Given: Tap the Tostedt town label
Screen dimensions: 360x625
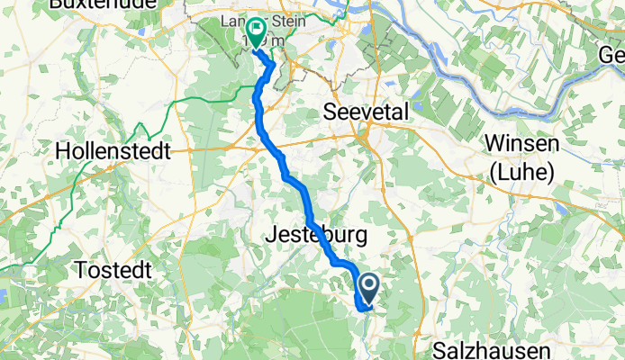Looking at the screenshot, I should coord(120,270).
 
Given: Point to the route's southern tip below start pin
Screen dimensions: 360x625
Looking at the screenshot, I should coord(363,310).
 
